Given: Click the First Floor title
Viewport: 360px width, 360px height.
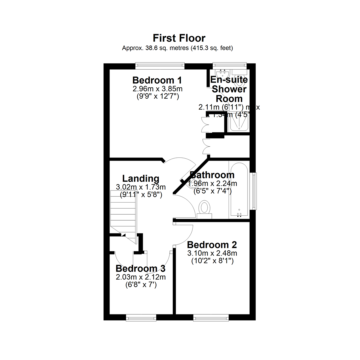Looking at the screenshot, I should (x=179, y=38).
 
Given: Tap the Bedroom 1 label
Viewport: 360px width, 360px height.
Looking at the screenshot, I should (x=157, y=80).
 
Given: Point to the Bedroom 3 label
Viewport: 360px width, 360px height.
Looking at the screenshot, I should (x=140, y=269).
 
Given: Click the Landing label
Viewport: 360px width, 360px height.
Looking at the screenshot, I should (x=141, y=179).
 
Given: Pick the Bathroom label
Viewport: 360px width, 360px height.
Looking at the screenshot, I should (x=212, y=175).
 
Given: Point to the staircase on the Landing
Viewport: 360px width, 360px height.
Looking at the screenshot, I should (x=123, y=213).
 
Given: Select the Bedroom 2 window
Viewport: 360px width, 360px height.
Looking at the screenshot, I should (x=211, y=318).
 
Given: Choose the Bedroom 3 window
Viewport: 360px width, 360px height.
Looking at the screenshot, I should (x=141, y=318).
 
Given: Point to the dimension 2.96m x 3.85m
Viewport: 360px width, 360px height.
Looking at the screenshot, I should (x=157, y=89).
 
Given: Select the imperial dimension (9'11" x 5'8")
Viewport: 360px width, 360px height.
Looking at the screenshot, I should (x=141, y=194).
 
